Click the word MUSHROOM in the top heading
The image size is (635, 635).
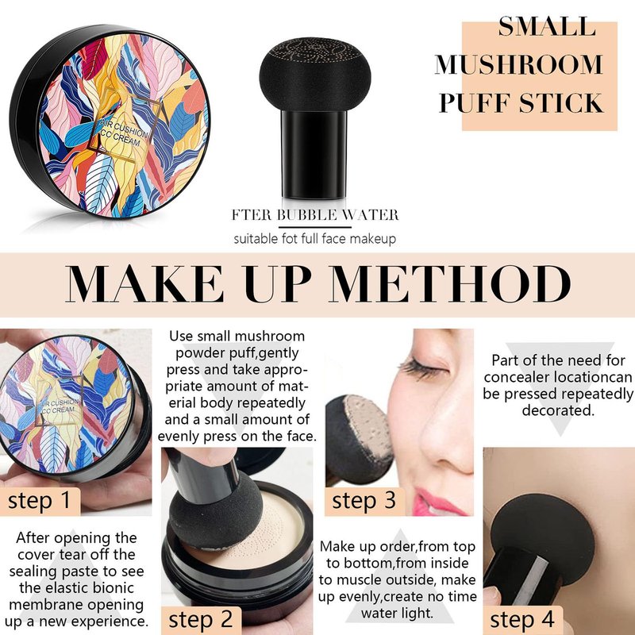[519, 64]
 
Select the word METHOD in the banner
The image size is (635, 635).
[450, 283]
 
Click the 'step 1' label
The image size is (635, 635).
[39, 500]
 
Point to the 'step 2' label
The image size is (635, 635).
[201, 619]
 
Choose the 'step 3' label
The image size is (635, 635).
[364, 500]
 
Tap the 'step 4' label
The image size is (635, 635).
[521, 619]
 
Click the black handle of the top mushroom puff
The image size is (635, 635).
[314, 154]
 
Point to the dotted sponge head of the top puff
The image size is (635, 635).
[314, 74]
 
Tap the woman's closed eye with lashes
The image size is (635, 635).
[423, 368]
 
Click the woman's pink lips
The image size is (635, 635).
[437, 502]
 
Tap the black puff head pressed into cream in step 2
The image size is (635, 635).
[214, 510]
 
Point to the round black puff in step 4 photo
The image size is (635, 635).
[542, 540]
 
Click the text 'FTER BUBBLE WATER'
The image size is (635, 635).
[315, 214]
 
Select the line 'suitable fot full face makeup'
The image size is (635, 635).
[314, 239]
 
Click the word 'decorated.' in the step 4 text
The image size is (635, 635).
[558, 410]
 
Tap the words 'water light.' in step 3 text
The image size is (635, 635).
[397, 613]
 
